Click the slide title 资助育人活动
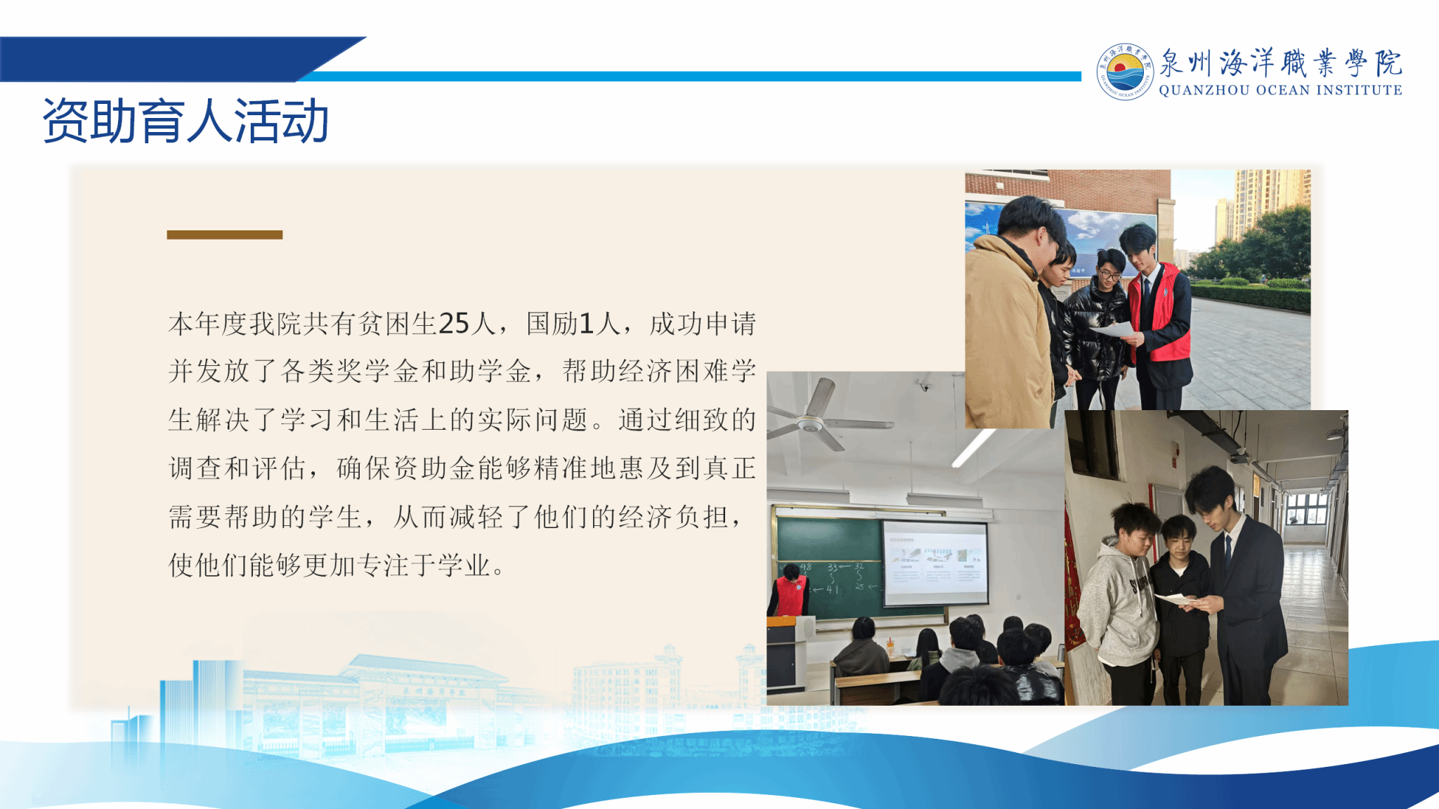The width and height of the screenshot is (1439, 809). [x=185, y=121]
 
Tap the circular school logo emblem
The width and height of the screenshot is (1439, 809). [x=1125, y=72]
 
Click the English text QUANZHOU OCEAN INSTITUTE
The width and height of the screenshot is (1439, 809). [x=1280, y=90]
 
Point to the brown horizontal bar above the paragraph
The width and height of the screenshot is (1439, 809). [x=225, y=235]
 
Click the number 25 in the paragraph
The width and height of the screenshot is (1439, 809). [x=454, y=324]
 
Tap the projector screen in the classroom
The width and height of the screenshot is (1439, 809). [x=935, y=563]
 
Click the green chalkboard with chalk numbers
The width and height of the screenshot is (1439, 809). [x=829, y=566]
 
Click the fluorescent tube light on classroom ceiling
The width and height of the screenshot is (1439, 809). [x=973, y=448]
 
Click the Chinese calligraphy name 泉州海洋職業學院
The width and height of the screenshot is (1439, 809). [x=1280, y=63]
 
